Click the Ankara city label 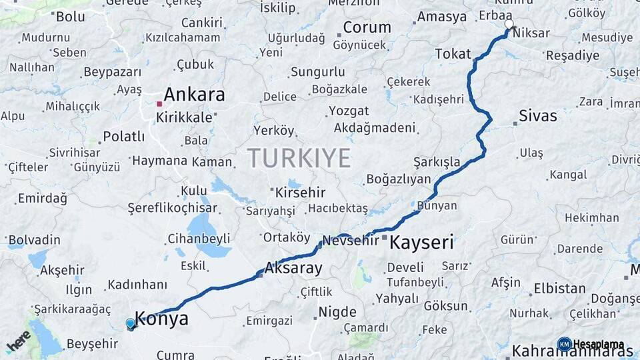pyautogui.click(x=194, y=94)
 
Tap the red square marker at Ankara pyautogui.click(x=159, y=104)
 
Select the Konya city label pyautogui.click(x=161, y=319)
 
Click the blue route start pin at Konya pyautogui.click(x=131, y=324)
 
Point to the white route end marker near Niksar pyautogui.click(x=509, y=25)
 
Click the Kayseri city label pyautogui.click(x=421, y=243)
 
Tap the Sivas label pyautogui.click(x=538, y=116)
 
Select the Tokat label pyautogui.click(x=453, y=54)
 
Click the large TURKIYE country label pyautogui.click(x=298, y=158)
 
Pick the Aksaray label pyautogui.click(x=293, y=269)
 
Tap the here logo pyautogui.click(x=19, y=341)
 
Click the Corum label pyautogui.click(x=367, y=28)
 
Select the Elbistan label pyautogui.click(x=559, y=289)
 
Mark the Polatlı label pyautogui.click(x=123, y=137)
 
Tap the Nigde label pyautogui.click(x=337, y=312)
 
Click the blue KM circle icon pyautogui.click(x=564, y=345)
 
